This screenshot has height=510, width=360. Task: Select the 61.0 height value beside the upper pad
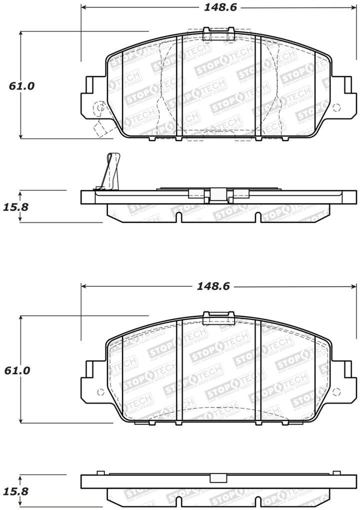tap(21, 86)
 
